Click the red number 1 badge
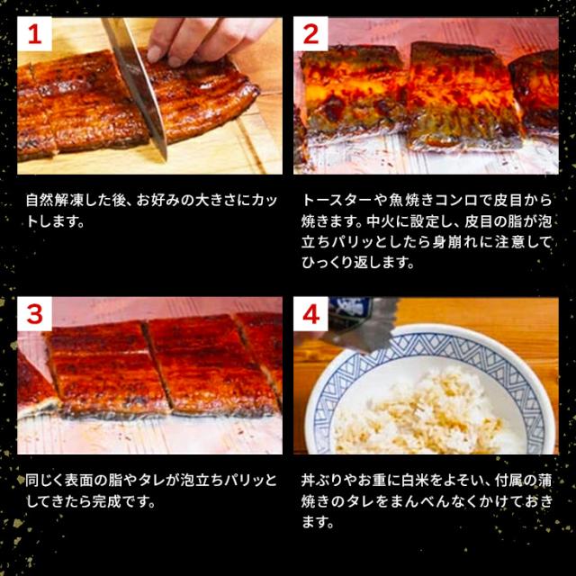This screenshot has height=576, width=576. [34, 34]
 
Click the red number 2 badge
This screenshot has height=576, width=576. [310, 34]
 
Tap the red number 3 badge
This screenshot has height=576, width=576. [34, 314]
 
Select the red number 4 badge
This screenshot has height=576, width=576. [310, 314]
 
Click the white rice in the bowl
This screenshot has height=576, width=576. [422, 415]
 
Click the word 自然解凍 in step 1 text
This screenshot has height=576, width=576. [55, 201]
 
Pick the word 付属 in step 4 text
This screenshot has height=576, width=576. [508, 481]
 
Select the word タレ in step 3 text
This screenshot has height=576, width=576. [151, 481]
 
